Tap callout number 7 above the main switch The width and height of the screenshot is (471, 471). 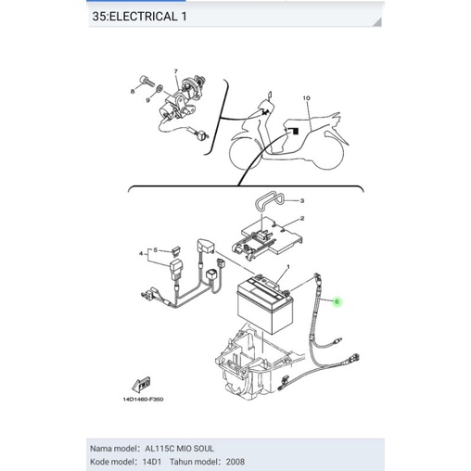173,71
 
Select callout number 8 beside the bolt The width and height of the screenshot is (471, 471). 134,93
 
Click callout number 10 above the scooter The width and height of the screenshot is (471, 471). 310,98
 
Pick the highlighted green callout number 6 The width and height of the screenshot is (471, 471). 337,301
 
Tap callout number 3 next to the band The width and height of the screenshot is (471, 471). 301,201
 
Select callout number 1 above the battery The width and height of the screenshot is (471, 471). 288,265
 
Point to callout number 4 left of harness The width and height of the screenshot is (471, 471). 140,253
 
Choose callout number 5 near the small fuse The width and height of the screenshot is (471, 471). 155,248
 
